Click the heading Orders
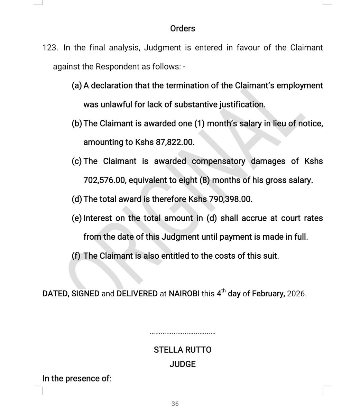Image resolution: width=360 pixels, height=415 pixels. pyautogui.click(x=183, y=28)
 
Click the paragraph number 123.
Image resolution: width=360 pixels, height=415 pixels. pyautogui.click(x=49, y=47)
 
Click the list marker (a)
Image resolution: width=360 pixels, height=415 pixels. pyautogui.click(x=76, y=85)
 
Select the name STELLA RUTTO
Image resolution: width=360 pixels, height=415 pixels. pyautogui.click(x=183, y=349)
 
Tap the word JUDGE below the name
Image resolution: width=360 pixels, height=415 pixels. pyautogui.click(x=183, y=364)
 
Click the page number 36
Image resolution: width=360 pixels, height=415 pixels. pyautogui.click(x=175, y=404)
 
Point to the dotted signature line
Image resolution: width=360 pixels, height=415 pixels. pyautogui.click(x=183, y=333)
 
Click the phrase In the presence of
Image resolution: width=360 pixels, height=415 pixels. pyautogui.click(x=76, y=379)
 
